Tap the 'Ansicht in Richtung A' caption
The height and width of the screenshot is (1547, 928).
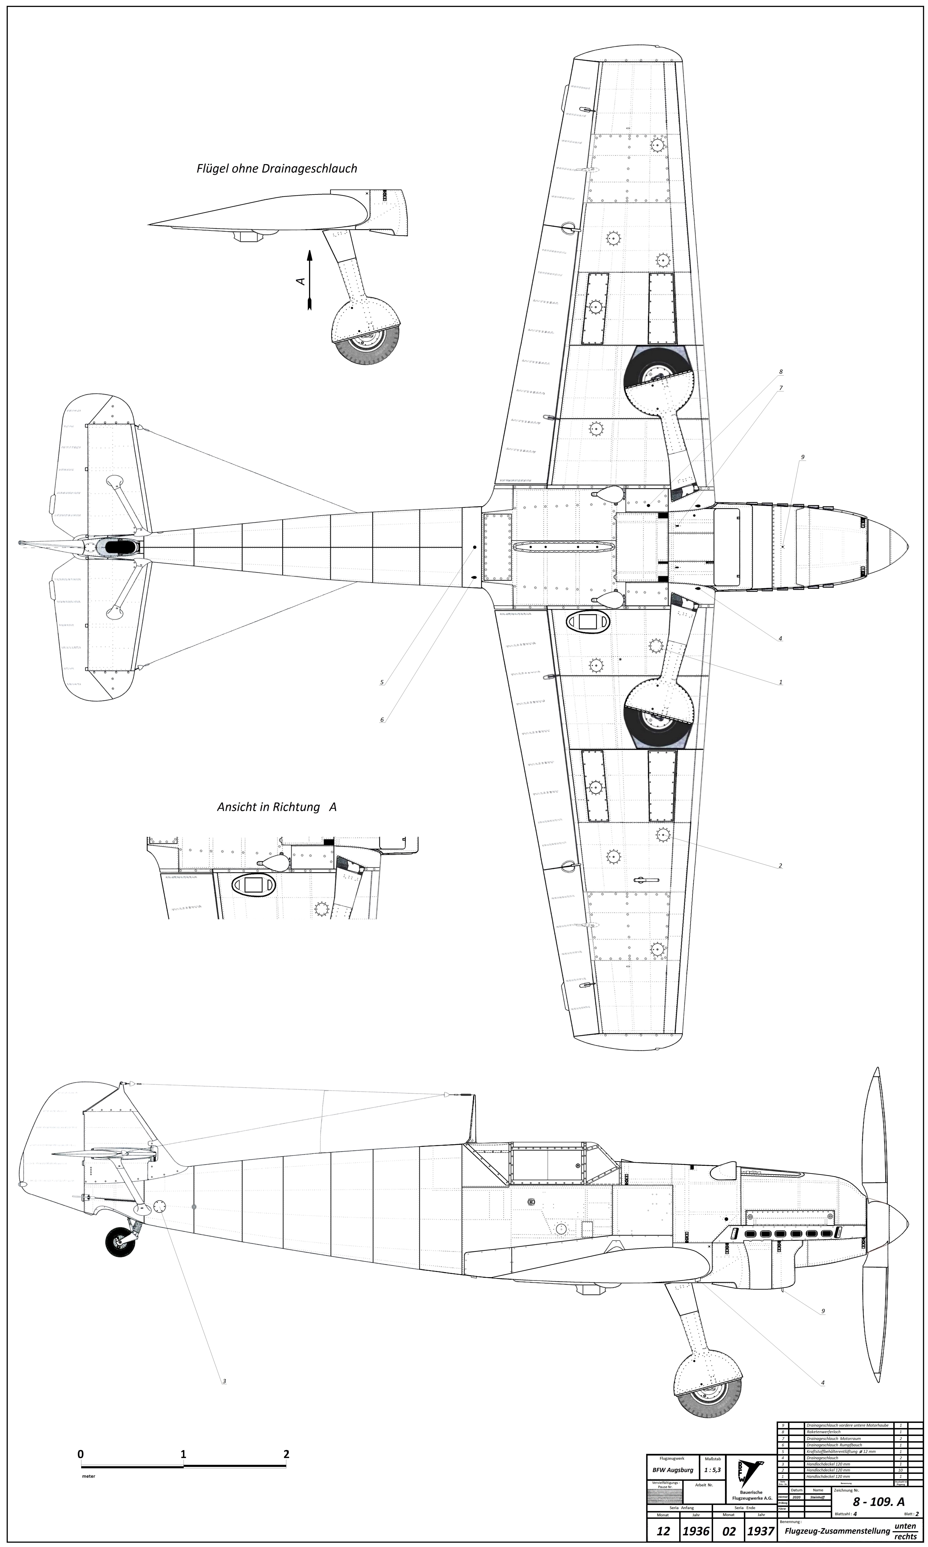[276, 807]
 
